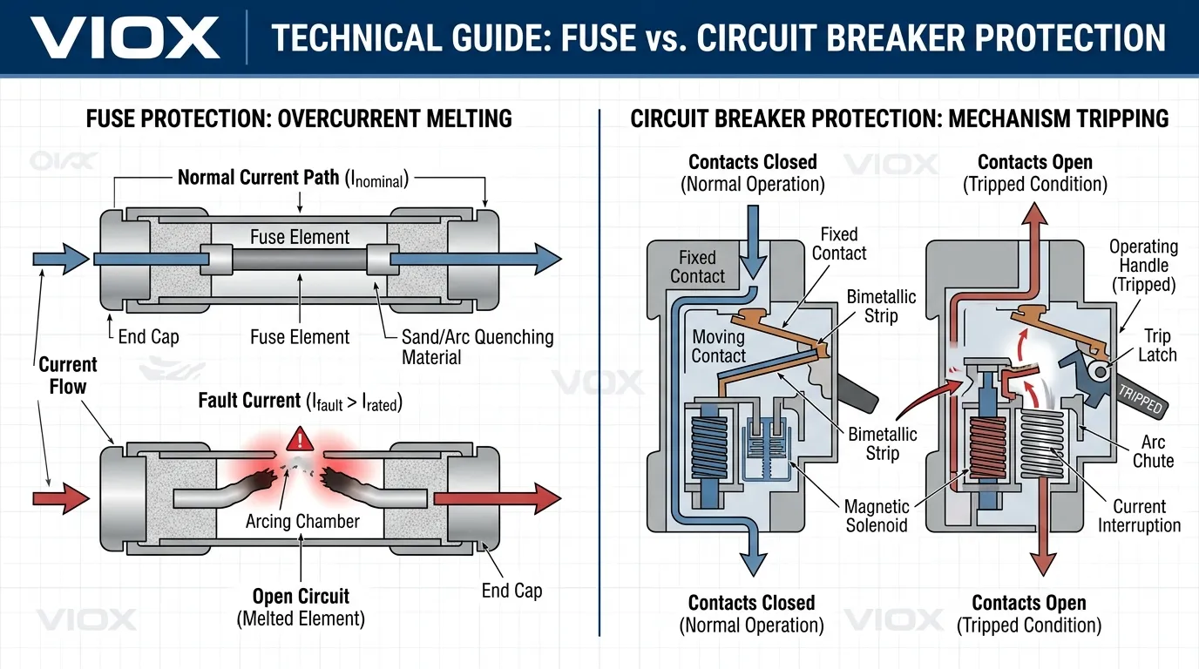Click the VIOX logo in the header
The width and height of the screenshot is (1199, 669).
125,37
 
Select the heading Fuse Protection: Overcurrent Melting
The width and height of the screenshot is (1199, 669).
299,118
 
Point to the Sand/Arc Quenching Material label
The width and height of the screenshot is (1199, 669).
477,347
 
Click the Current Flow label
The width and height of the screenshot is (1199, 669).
67,375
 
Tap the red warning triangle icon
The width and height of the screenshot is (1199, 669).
299,438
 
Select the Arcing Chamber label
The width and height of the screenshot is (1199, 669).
302,521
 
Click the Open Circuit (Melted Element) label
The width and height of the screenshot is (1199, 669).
301,607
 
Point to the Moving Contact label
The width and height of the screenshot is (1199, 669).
718,346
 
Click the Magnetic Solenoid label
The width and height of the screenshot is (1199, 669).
877,516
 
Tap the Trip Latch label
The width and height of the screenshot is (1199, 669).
1157,345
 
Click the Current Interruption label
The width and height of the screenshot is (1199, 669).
1139,516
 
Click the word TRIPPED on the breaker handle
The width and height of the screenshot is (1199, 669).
1143,399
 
